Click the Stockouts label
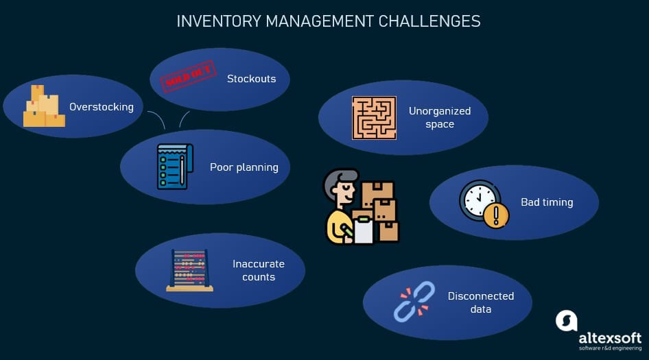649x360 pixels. coord(251,79)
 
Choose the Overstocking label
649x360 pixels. coord(102,107)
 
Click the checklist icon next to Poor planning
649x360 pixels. coord(173,166)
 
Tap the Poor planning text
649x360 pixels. coord(244,167)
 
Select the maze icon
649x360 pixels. coord(374,118)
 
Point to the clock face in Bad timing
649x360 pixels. coord(478,200)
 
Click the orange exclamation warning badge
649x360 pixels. coord(495,216)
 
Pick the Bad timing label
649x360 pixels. coord(547,202)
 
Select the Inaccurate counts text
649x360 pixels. coord(259,270)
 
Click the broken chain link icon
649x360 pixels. coord(414,302)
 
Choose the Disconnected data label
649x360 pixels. coord(481,302)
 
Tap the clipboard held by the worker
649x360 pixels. coord(364,228)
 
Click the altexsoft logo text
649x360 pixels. coord(609,338)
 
